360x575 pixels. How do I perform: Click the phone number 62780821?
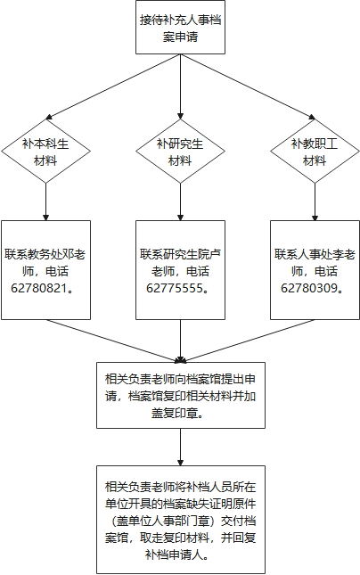39,288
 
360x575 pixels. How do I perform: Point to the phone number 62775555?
175,288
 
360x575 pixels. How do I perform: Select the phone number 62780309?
309,288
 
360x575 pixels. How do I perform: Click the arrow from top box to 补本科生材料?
113,86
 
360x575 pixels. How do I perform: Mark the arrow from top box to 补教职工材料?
248,86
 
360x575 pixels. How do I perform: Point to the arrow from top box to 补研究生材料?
180,86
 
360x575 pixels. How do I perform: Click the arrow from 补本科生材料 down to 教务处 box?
45,201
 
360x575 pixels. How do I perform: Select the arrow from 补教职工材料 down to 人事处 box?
315,201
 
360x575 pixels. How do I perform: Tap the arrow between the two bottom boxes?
180,447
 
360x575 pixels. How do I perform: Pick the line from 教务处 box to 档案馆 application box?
113,341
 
